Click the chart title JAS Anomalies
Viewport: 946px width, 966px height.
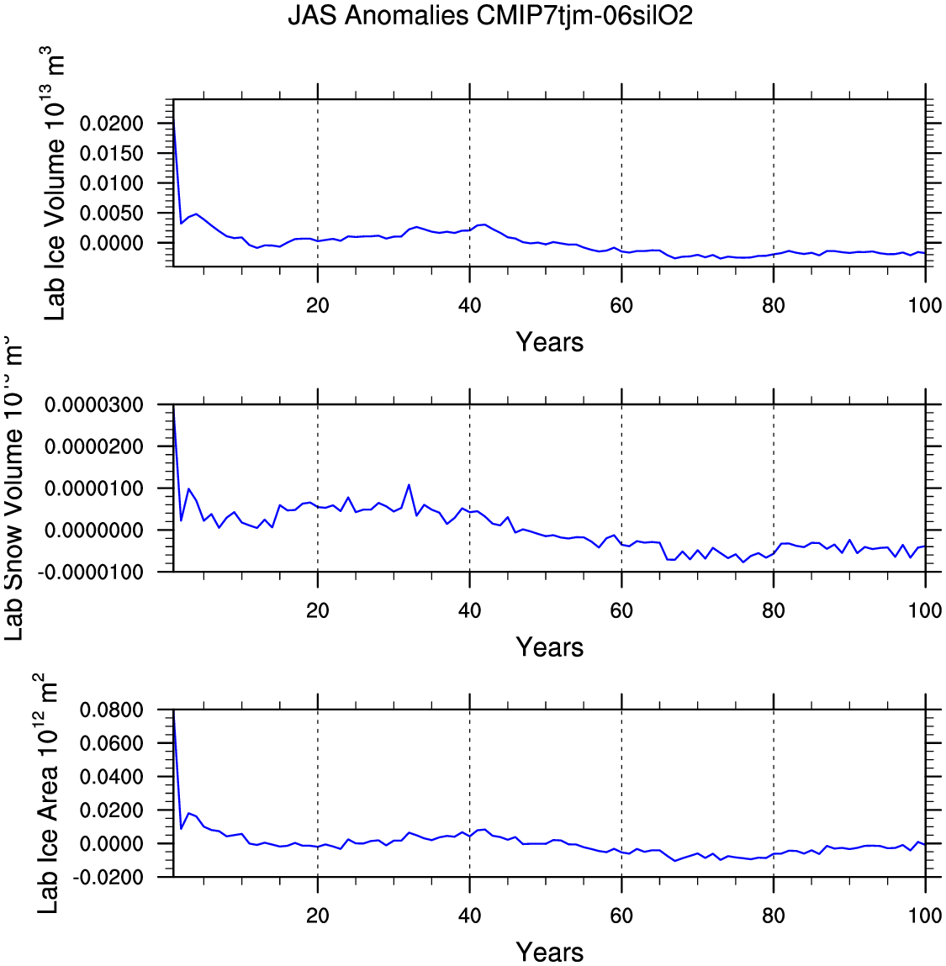pyautogui.click(x=490, y=15)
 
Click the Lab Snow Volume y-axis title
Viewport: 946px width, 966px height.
pyautogui.click(x=14, y=488)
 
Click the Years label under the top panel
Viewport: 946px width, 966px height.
pyautogui.click(x=549, y=342)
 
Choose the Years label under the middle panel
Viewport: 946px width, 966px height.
pyautogui.click(x=549, y=647)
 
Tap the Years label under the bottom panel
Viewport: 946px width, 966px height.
pyautogui.click(x=549, y=953)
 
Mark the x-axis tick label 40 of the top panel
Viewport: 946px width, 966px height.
pyautogui.click(x=469, y=305)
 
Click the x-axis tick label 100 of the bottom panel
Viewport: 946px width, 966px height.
pyautogui.click(x=924, y=916)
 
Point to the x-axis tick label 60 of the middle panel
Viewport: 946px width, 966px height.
pyautogui.click(x=621, y=610)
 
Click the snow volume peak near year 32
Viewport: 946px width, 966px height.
pyautogui.click(x=409, y=484)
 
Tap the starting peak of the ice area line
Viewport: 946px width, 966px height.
pyautogui.click(x=173, y=713)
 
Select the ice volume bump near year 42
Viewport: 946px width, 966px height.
pyautogui.click(x=484, y=224)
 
